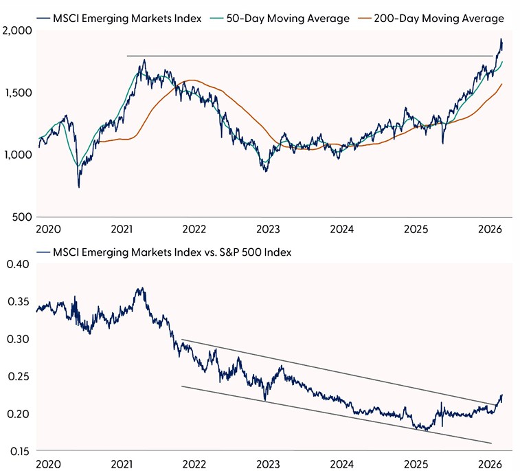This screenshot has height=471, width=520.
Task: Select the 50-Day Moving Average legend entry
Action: (x=288, y=19)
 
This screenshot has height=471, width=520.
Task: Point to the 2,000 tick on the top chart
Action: (x=16, y=31)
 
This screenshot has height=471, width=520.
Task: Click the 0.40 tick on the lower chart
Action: (x=19, y=265)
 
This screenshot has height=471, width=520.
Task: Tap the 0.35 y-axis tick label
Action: (x=19, y=302)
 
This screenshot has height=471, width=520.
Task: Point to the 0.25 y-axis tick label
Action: (x=19, y=377)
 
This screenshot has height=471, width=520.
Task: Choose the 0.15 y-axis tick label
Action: (x=19, y=451)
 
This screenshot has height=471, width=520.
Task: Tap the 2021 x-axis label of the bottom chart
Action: (x=121, y=463)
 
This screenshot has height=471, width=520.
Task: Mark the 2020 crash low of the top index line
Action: (x=79, y=187)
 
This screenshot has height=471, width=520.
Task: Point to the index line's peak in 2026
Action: (x=501, y=39)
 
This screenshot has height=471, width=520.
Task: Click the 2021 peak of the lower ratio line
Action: (x=142, y=288)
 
